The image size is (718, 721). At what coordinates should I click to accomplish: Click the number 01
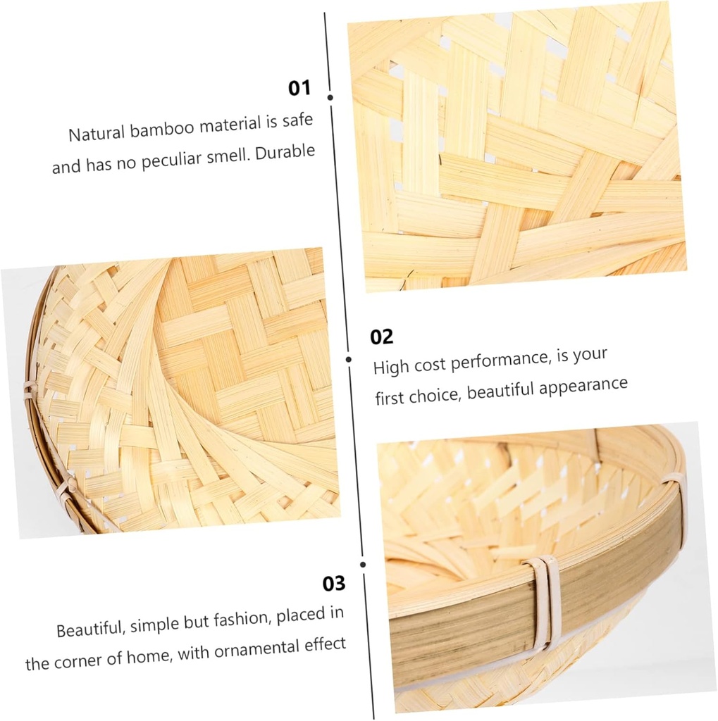pos(299,88)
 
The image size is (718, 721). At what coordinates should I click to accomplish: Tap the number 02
pos(382,337)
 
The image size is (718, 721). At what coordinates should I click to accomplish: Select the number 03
pos(335,584)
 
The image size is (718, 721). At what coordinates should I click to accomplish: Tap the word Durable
pos(285,153)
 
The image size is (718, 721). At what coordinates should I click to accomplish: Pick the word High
pos(390,367)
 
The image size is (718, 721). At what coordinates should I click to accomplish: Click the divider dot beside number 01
pos(330,97)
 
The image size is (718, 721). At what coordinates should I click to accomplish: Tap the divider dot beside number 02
pos(349,359)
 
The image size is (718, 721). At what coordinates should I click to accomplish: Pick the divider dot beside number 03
pos(363,564)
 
